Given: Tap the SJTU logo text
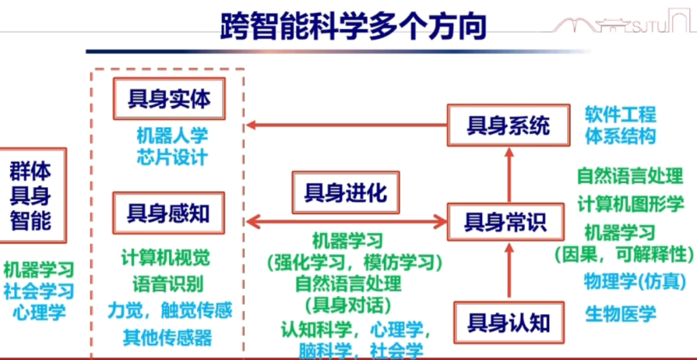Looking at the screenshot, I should [x=651, y=26].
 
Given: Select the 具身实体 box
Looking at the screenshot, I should [x=168, y=99].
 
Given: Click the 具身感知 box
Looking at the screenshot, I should [x=168, y=213].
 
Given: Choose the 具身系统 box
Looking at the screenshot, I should [x=509, y=125].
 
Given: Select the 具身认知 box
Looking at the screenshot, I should [x=509, y=321].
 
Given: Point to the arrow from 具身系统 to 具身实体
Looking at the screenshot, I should [x=348, y=125].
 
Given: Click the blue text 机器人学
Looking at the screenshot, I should [x=172, y=136].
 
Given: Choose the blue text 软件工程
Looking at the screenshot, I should [x=620, y=115].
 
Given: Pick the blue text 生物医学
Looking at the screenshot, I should [x=620, y=314].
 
